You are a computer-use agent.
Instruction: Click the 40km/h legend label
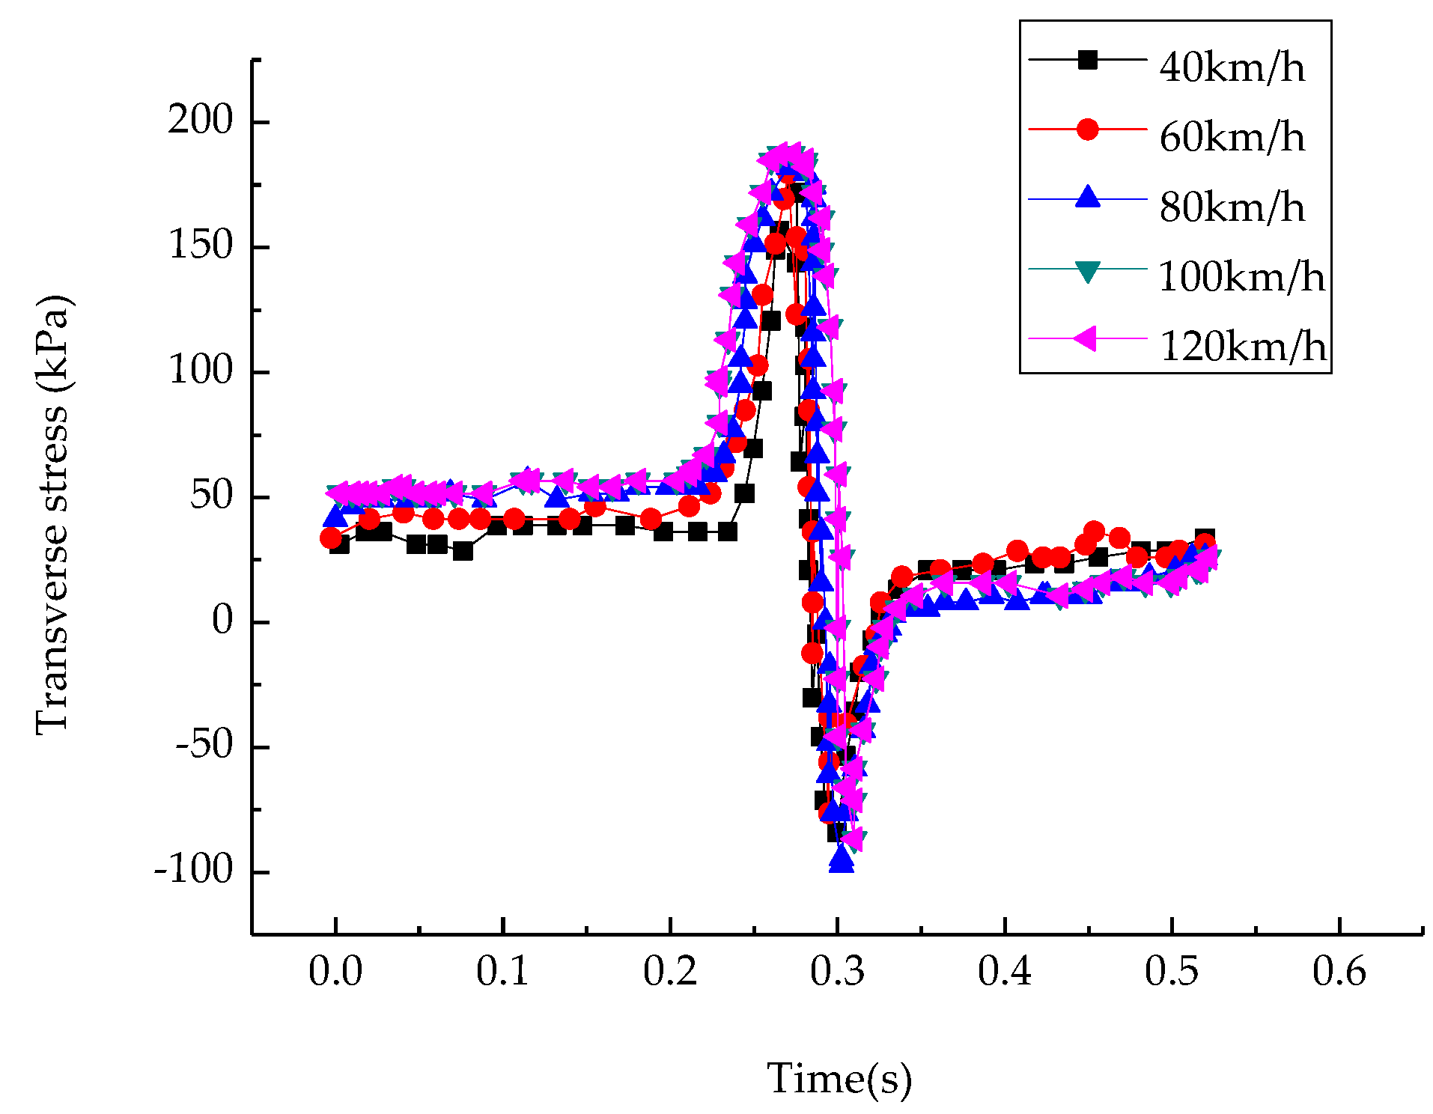[x=1231, y=67]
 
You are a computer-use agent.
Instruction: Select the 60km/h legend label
[x=1231, y=137]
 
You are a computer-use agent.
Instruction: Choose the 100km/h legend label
[x=1241, y=277]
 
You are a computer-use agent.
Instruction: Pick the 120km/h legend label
[x=1241, y=346]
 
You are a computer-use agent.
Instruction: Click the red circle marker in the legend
[x=1087, y=129]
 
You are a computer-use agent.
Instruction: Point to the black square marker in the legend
[x=1087, y=59]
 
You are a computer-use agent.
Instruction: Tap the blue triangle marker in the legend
[x=1087, y=198]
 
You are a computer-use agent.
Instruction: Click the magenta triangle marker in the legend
[x=1086, y=338]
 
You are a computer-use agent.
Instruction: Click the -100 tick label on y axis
[x=194, y=870]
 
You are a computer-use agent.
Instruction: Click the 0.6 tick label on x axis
[x=1339, y=971]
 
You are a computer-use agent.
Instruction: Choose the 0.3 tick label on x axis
[x=837, y=971]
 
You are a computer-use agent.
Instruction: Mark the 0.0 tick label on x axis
[x=335, y=971]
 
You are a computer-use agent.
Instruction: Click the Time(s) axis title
[x=839, y=1079]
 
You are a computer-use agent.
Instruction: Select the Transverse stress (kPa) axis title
[x=52, y=515]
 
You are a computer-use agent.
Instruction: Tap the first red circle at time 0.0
[x=331, y=538]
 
